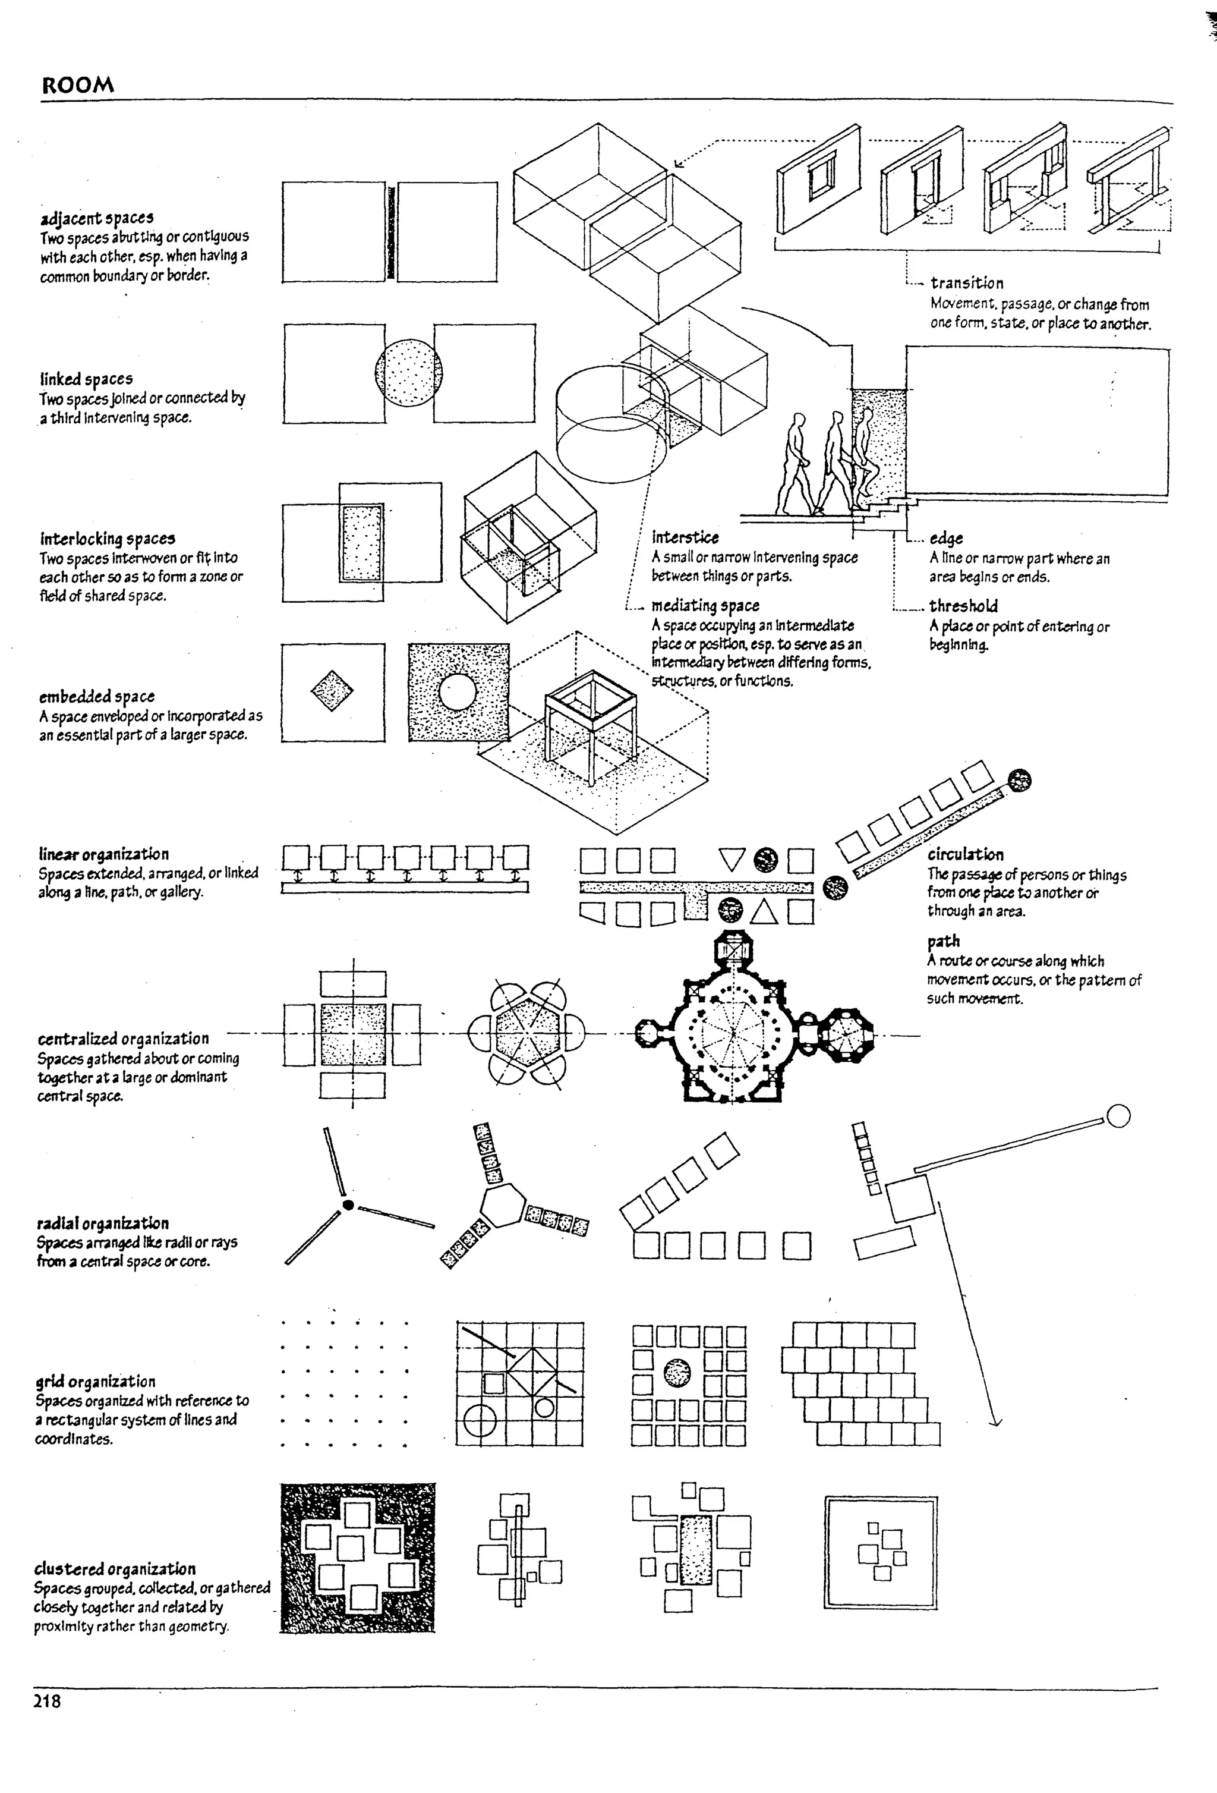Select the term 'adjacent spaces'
pyautogui.click(x=97, y=218)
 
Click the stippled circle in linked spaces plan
pyautogui.click(x=409, y=373)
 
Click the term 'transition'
pyautogui.click(x=966, y=283)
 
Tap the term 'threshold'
pyautogui.click(x=963, y=606)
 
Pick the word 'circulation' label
pyautogui.click(x=965, y=854)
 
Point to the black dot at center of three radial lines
pyautogui.click(x=348, y=1205)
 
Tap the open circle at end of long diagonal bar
pyautogui.click(x=1118, y=1116)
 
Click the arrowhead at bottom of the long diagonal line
pyautogui.click(x=995, y=1421)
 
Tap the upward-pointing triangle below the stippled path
pyautogui.click(x=764, y=912)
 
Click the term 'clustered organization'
pyautogui.click(x=115, y=1568)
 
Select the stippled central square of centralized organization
pyautogui.click(x=352, y=1034)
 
